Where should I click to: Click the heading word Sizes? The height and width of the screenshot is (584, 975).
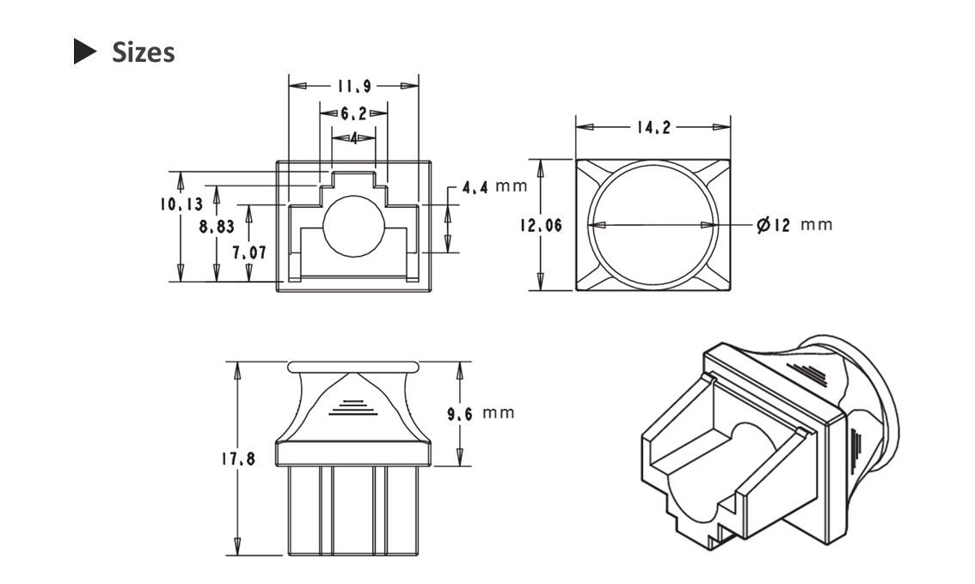144,52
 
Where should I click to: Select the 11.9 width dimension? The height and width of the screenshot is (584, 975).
353,86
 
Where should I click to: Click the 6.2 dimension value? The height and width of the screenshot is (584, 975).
353,113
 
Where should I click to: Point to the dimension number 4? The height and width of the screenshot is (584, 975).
353,137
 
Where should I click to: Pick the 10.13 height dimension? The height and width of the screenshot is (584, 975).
181,204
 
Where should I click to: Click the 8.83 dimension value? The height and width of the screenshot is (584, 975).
216,228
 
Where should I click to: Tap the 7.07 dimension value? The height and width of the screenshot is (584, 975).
249,253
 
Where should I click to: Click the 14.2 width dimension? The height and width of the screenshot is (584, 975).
653,128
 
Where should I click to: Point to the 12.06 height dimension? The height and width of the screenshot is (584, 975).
541,225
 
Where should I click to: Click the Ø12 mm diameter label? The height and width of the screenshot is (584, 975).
794,225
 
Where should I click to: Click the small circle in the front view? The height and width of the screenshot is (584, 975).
353,225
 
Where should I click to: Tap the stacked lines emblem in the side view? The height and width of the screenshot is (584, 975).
353,406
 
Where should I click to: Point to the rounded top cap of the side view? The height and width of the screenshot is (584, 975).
353,366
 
